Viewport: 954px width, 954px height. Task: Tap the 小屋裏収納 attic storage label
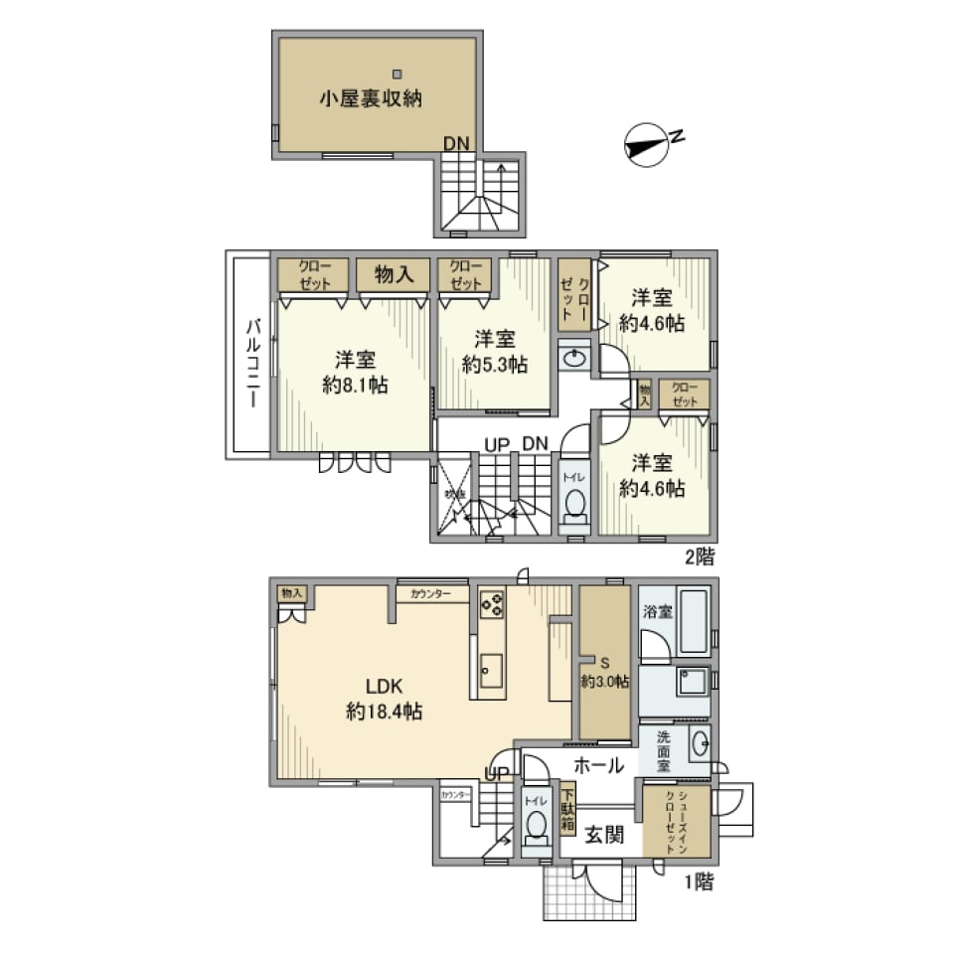click(371, 98)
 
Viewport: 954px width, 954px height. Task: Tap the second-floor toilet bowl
click(574, 507)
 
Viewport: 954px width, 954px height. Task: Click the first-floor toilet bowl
click(537, 826)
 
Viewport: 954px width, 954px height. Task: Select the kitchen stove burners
click(492, 603)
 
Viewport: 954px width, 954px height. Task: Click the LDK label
click(384, 687)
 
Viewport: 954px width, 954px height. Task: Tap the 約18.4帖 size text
click(384, 712)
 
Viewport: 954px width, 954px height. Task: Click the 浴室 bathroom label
click(657, 612)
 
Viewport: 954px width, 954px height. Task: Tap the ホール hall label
click(599, 765)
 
